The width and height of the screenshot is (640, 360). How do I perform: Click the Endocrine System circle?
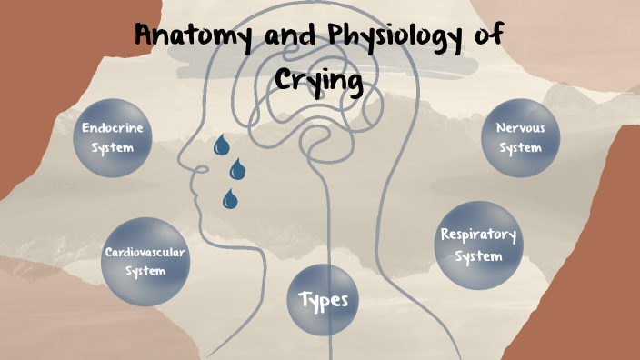[x=112, y=137]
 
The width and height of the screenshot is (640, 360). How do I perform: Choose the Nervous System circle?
[x=520, y=136]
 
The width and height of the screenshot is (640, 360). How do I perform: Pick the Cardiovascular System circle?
[x=145, y=261]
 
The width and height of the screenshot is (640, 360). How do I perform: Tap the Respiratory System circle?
[x=478, y=243]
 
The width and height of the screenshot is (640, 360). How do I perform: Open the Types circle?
[x=324, y=299]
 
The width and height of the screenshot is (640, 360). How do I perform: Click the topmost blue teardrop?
[x=220, y=145]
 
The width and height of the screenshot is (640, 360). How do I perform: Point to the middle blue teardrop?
[x=237, y=169]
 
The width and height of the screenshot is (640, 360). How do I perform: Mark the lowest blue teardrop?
[x=230, y=197]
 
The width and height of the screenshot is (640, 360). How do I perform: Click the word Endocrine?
[x=112, y=128]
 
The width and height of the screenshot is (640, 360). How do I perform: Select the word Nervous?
[x=520, y=127]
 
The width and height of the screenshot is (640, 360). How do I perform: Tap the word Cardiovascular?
[x=145, y=252]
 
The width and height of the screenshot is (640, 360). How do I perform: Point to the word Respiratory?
[x=478, y=235]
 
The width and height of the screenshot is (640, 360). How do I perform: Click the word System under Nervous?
[x=520, y=147]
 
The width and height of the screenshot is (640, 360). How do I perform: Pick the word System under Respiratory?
[x=478, y=255]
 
